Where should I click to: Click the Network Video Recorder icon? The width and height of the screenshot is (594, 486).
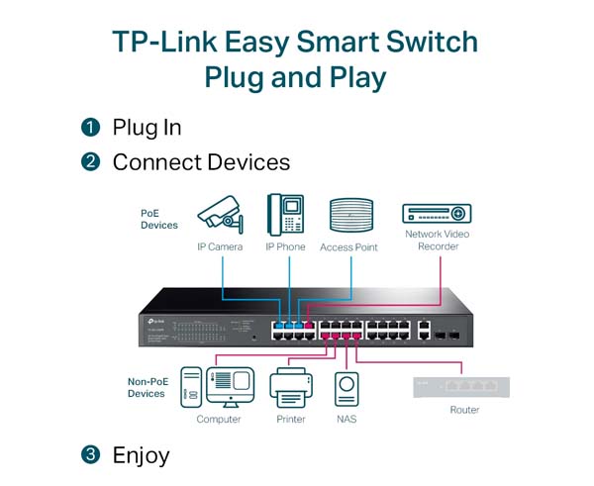click(x=437, y=212)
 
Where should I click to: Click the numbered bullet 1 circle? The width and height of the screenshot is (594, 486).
click(x=91, y=128)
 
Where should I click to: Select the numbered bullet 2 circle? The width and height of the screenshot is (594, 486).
click(x=91, y=161)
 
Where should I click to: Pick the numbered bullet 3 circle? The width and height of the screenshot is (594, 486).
click(x=91, y=455)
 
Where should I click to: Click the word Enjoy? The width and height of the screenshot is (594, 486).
click(x=141, y=455)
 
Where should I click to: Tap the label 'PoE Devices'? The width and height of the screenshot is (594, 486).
click(x=158, y=219)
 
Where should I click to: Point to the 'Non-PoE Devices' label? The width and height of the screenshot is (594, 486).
click(x=147, y=387)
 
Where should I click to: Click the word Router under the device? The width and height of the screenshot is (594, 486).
click(x=464, y=410)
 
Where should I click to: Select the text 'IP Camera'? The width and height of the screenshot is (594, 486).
click(x=219, y=246)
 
